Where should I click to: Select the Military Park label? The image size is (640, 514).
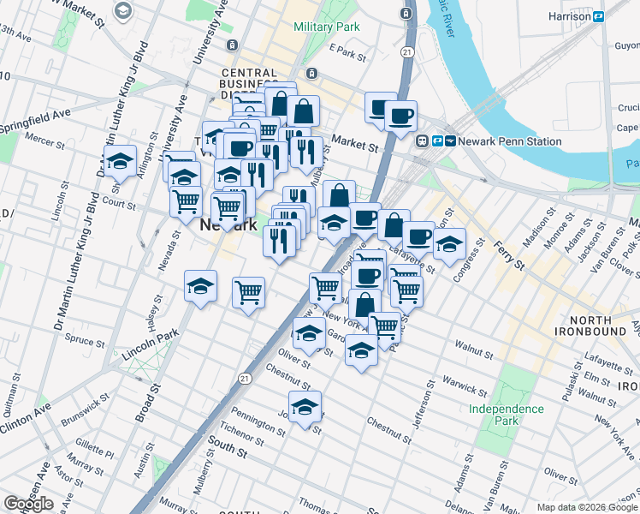(326, 27)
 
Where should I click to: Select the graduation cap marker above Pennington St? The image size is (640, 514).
(304, 408)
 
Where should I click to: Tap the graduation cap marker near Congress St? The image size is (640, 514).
(449, 244)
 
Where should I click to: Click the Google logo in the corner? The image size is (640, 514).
(28, 504)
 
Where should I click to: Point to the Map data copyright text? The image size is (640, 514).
(587, 507)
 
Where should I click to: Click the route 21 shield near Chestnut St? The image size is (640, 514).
(246, 378)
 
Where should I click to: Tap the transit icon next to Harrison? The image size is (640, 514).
(599, 16)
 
